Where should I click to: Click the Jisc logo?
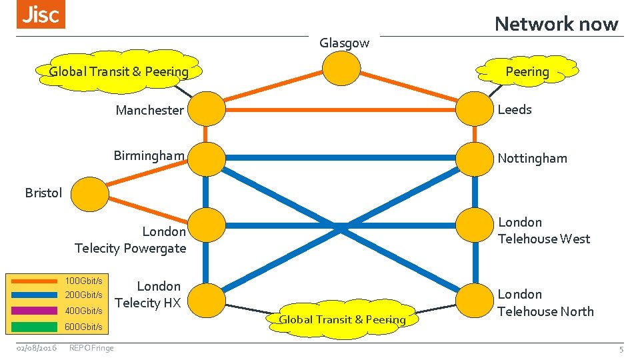click(41, 15)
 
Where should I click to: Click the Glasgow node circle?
click(341, 68)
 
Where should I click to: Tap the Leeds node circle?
click(474, 108)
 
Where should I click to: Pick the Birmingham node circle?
click(207, 158)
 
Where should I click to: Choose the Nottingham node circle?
click(474, 158)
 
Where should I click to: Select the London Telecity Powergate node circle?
click(207, 226)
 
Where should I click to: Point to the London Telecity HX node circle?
click(207, 301)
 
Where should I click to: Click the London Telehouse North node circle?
click(474, 301)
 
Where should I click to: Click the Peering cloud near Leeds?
click(527, 71)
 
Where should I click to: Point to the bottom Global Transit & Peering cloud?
click(342, 319)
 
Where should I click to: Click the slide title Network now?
click(556, 24)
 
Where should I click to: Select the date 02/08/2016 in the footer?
click(37, 348)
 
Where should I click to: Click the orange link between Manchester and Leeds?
click(340, 108)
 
